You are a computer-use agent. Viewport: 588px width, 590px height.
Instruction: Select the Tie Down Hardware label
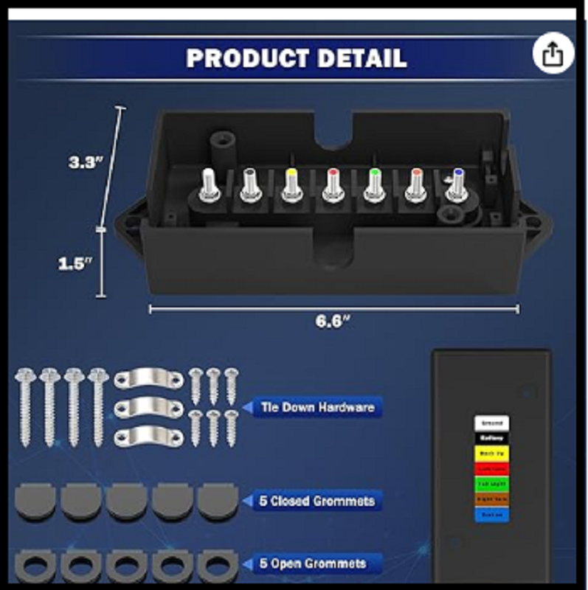tap(318, 406)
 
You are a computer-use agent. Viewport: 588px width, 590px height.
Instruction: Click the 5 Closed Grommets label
tap(317, 501)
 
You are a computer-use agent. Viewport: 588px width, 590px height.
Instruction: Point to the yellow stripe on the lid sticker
tap(491, 454)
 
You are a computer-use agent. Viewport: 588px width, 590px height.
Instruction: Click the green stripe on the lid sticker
tap(491, 484)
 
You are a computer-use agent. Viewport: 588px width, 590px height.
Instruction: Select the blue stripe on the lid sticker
tap(491, 514)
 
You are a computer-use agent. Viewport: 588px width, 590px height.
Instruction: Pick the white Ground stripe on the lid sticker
tap(491, 424)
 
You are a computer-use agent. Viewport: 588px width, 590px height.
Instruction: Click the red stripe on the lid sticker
tap(491, 468)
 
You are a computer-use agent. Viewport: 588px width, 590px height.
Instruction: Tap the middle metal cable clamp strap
tap(148, 406)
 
